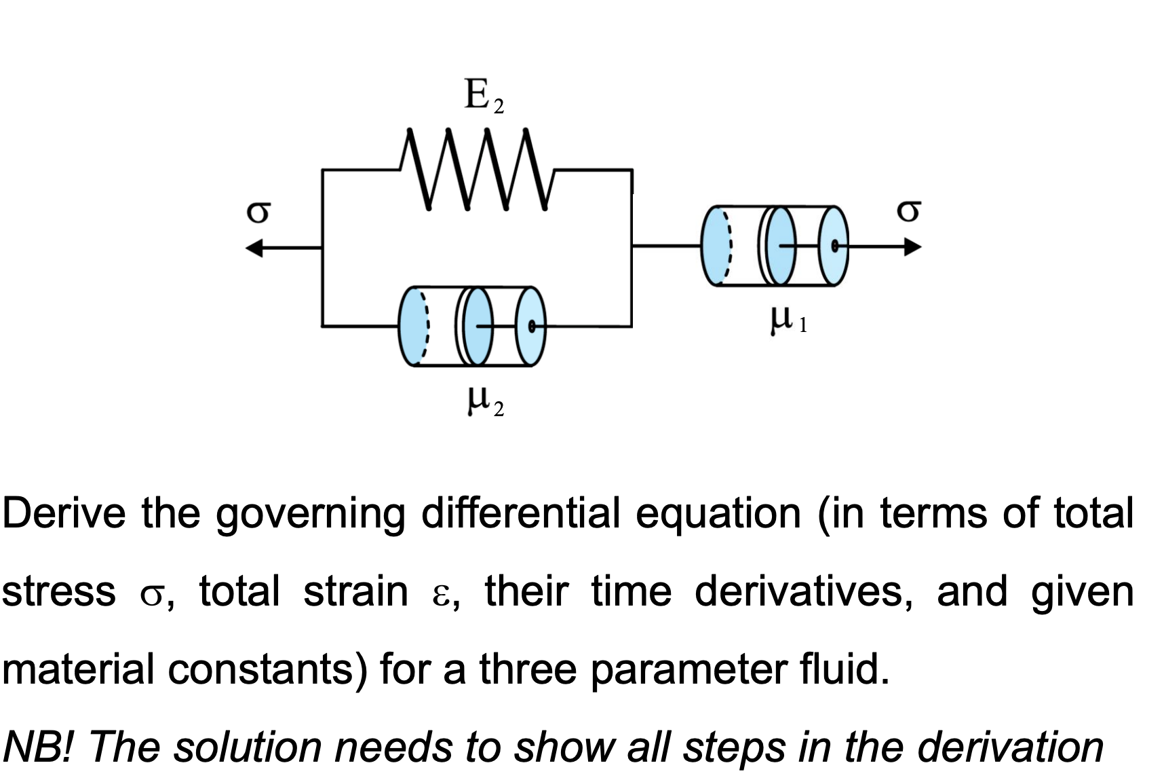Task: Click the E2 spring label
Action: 483,96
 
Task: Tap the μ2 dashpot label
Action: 484,401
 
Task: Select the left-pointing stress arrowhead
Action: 254,248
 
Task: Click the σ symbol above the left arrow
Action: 258,212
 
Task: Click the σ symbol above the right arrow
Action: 908,210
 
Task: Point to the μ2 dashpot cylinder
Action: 472,327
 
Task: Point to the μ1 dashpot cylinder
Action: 775,246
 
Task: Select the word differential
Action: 520,513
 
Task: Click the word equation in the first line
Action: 718,515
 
